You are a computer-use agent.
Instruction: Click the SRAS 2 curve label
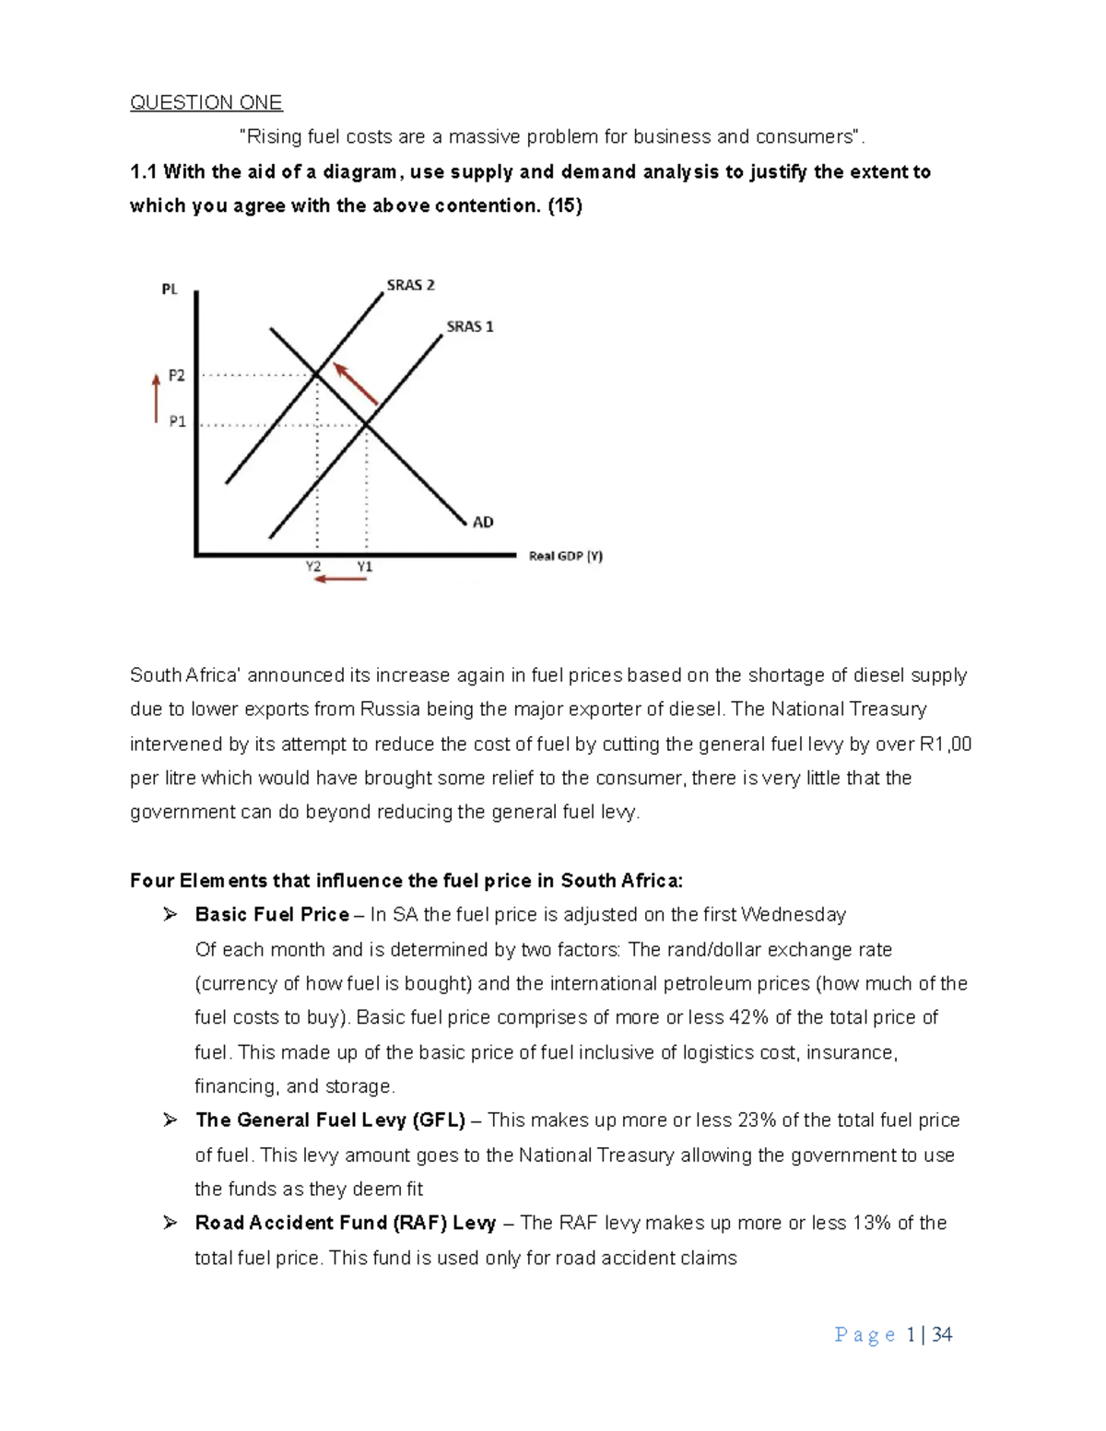click(x=410, y=286)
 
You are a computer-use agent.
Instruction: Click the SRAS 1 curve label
click(x=470, y=326)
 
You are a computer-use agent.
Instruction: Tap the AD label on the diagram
click(x=483, y=522)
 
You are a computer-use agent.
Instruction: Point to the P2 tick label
click(x=176, y=376)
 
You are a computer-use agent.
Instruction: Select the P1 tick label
click(x=177, y=421)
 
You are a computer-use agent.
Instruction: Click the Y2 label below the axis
click(x=313, y=567)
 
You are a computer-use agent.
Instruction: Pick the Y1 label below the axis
click(x=365, y=567)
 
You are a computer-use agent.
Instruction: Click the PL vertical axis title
click(x=170, y=289)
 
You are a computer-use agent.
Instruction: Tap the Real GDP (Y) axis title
click(x=566, y=556)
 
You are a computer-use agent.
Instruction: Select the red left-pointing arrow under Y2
click(x=340, y=580)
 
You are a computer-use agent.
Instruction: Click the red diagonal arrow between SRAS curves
click(x=357, y=384)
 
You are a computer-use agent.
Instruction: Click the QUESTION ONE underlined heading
click(x=206, y=102)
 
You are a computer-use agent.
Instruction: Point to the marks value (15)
click(x=565, y=205)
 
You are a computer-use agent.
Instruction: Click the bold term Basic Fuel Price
click(x=272, y=915)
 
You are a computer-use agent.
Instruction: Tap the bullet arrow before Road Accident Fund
click(x=170, y=1223)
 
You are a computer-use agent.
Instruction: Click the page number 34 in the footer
click(x=942, y=1334)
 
